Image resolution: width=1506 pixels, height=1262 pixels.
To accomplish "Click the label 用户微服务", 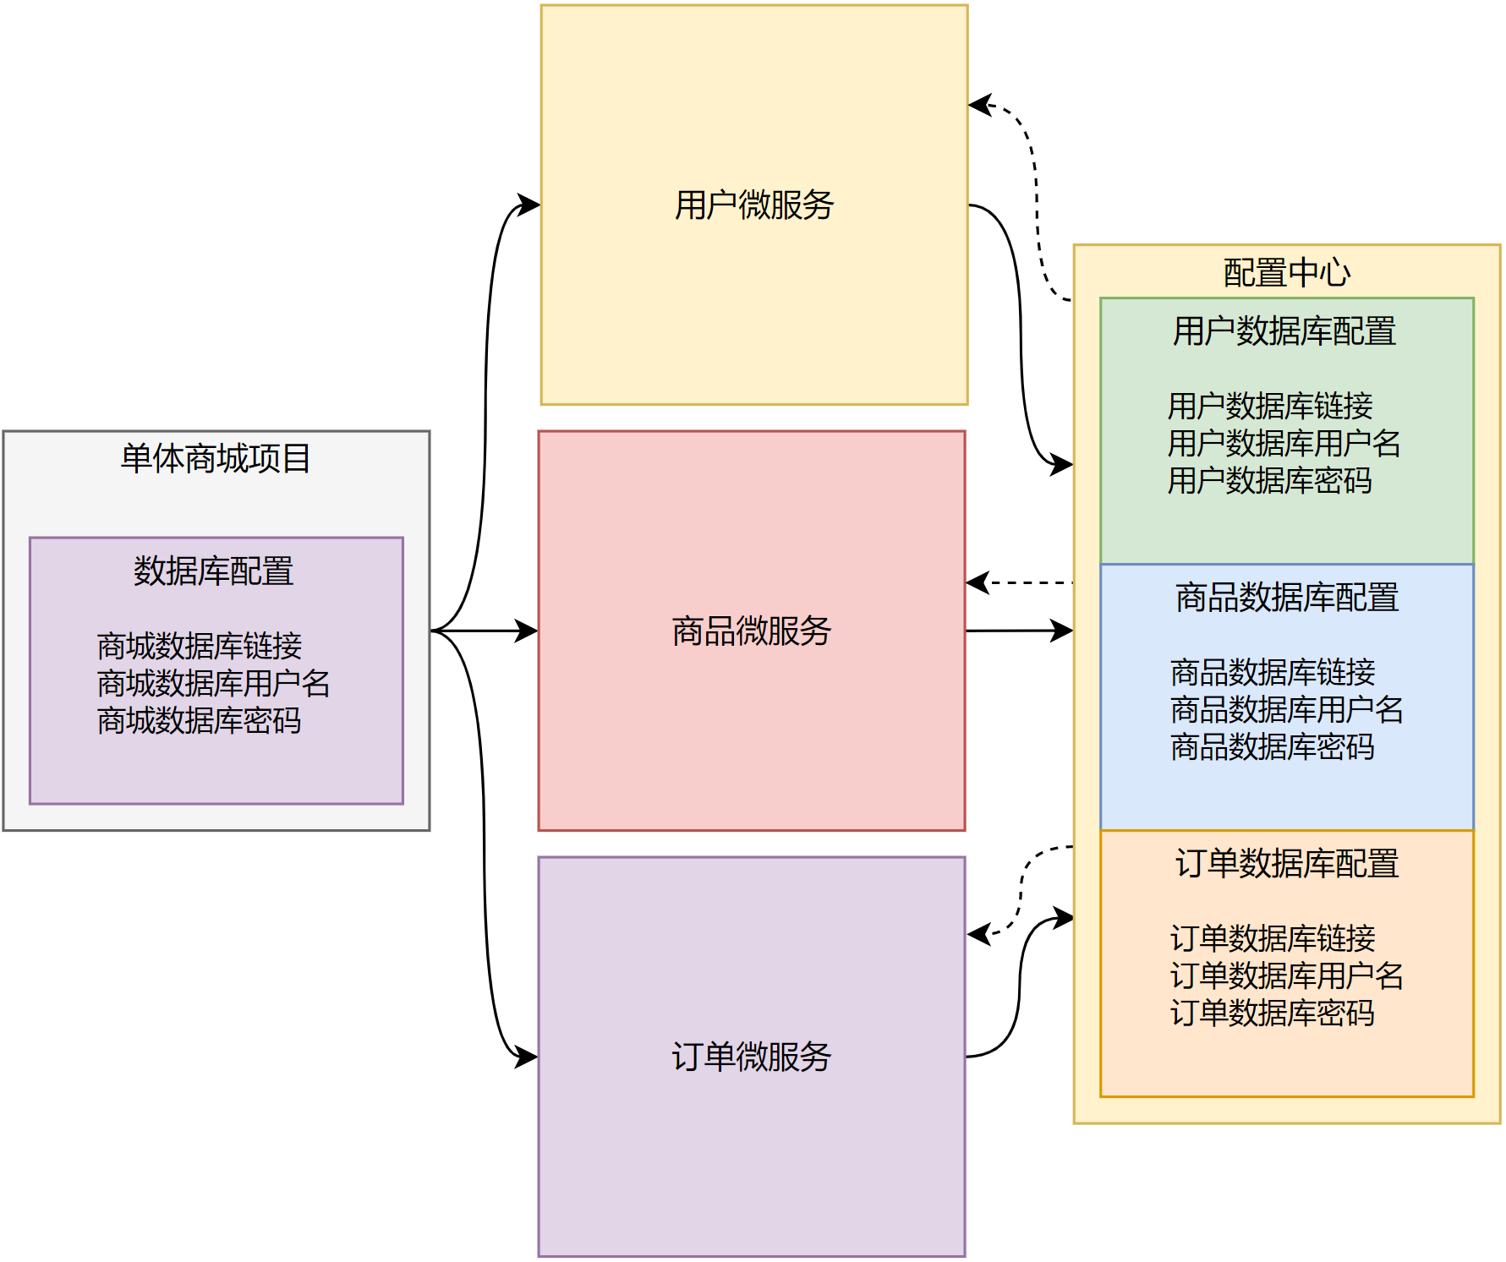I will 753,205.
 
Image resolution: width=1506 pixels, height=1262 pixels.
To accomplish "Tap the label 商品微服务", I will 751,631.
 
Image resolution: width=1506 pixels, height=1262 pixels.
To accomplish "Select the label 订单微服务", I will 751,1057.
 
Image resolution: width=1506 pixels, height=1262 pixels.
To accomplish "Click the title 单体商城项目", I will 216,459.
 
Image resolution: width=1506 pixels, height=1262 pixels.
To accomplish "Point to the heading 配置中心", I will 1286,273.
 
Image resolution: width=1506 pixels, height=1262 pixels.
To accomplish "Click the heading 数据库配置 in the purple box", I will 213,571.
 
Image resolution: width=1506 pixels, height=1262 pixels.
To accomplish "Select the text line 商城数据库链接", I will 200,647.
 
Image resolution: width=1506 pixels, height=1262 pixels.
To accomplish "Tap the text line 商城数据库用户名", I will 213,684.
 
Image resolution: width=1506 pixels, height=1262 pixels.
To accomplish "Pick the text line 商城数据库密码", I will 200,721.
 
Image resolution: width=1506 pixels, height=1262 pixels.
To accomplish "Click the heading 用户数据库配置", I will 1284,331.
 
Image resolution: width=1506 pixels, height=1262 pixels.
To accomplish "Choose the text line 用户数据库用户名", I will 1284,444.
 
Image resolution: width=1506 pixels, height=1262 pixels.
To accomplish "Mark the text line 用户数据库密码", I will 1269,481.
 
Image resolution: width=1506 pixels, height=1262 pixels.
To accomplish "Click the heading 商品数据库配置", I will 1286,598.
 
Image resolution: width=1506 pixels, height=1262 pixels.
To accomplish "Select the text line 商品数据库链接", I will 1273,673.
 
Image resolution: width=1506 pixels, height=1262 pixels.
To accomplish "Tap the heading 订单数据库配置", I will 1286,864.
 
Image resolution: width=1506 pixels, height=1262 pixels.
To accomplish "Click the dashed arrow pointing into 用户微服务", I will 1035,194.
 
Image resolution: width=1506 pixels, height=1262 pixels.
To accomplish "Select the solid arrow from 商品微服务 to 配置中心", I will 1019,631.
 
